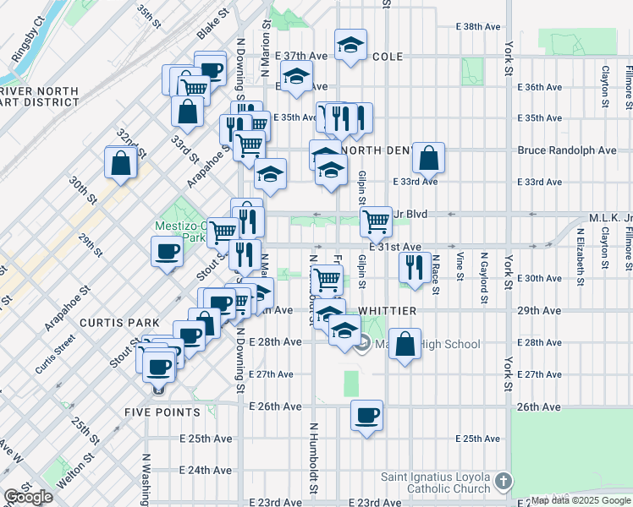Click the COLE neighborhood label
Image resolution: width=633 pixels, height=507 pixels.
(x=388, y=57)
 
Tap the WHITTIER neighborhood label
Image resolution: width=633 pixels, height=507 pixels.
(x=387, y=311)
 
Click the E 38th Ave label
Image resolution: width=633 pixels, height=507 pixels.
(x=479, y=27)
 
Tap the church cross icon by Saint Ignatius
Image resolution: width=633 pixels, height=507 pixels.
(x=503, y=481)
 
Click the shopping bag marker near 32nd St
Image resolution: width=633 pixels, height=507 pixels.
(x=120, y=162)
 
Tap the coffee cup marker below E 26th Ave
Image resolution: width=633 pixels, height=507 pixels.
(x=366, y=416)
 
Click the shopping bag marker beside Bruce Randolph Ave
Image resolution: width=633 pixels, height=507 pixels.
(x=428, y=157)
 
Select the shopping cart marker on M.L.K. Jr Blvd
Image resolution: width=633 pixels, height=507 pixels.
(x=375, y=222)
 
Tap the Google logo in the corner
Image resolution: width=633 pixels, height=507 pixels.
(x=27, y=497)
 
